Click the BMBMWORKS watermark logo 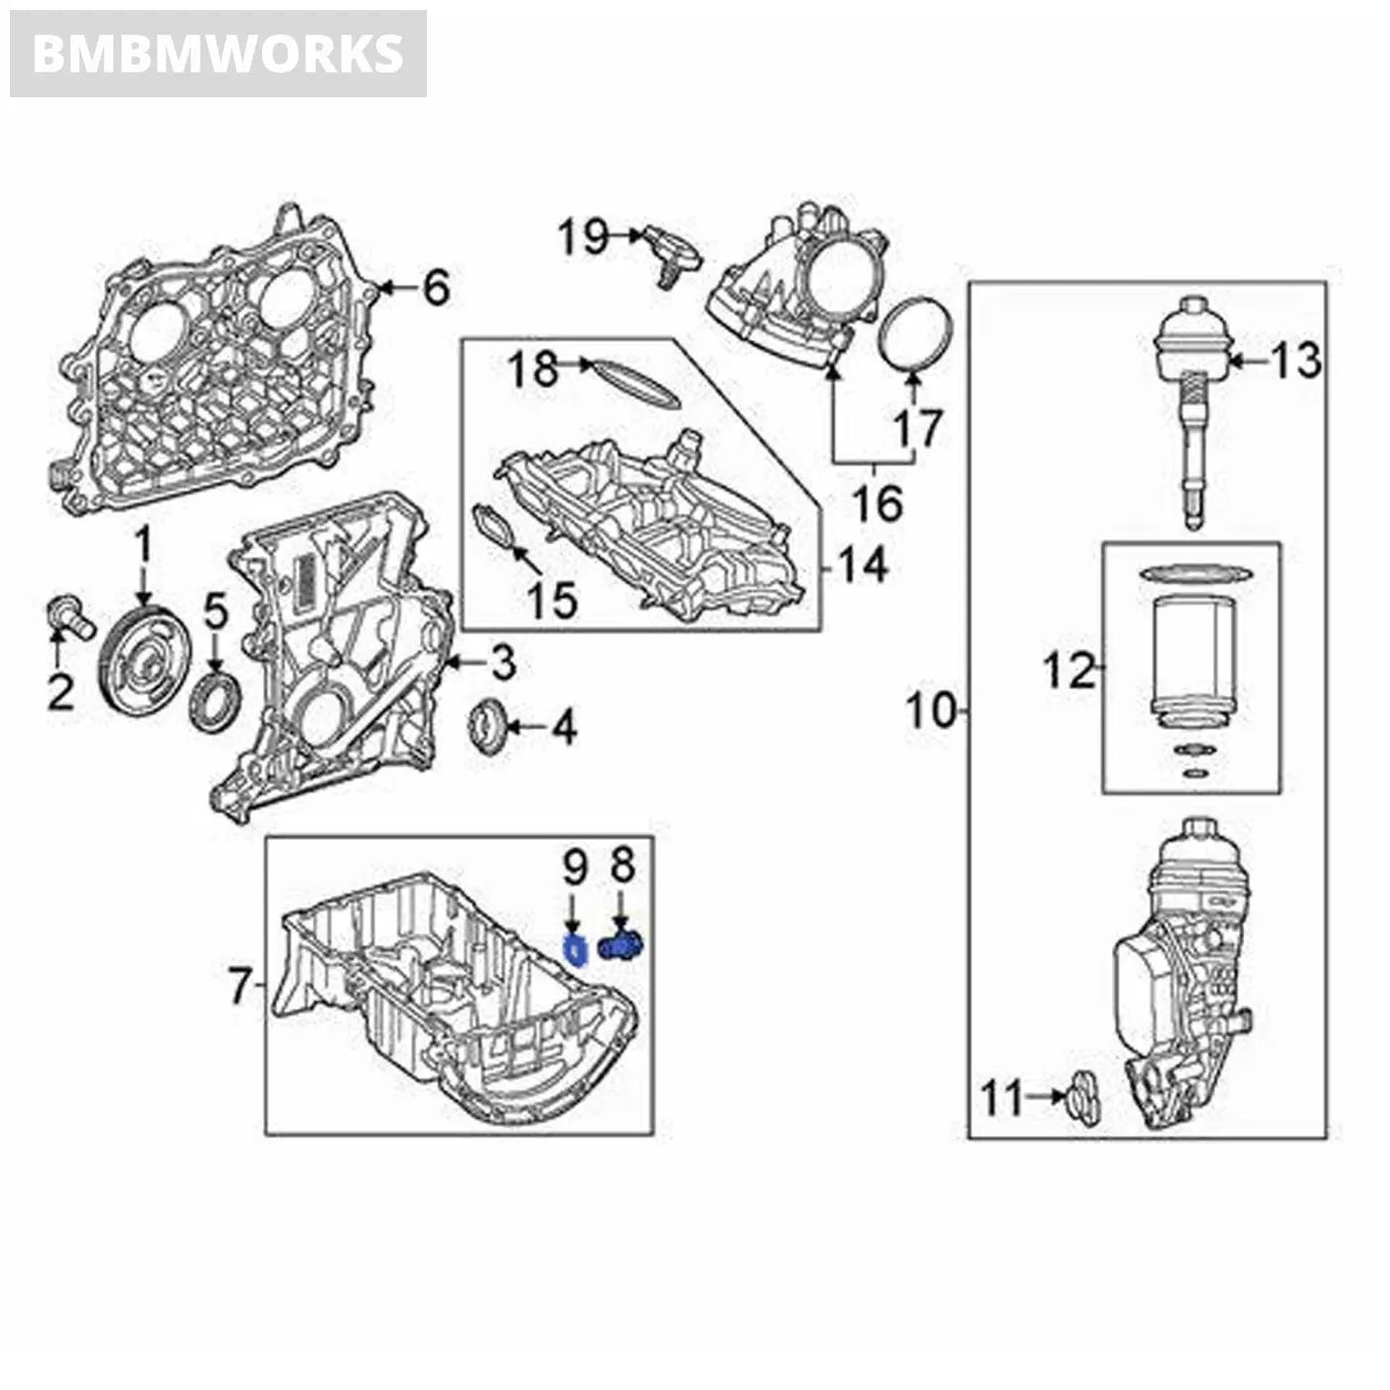click(218, 54)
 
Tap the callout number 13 click(1296, 360)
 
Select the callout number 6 click(436, 288)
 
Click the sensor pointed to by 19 click(671, 252)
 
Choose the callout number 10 click(931, 711)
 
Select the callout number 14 click(862, 568)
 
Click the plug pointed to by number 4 click(488, 728)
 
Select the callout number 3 click(502, 662)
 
